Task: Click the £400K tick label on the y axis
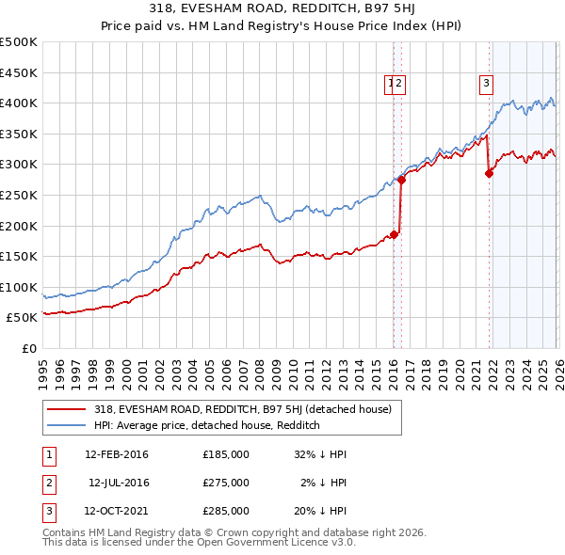tap(19, 103)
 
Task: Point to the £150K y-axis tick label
tap(19, 256)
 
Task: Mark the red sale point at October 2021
tap(489, 173)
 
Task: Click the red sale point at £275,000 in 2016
tap(401, 180)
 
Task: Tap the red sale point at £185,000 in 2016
tap(394, 235)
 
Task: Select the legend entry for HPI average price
tap(207, 425)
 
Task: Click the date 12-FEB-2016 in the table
tap(117, 454)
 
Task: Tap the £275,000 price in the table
tap(225, 483)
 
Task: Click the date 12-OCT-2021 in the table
tap(117, 511)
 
